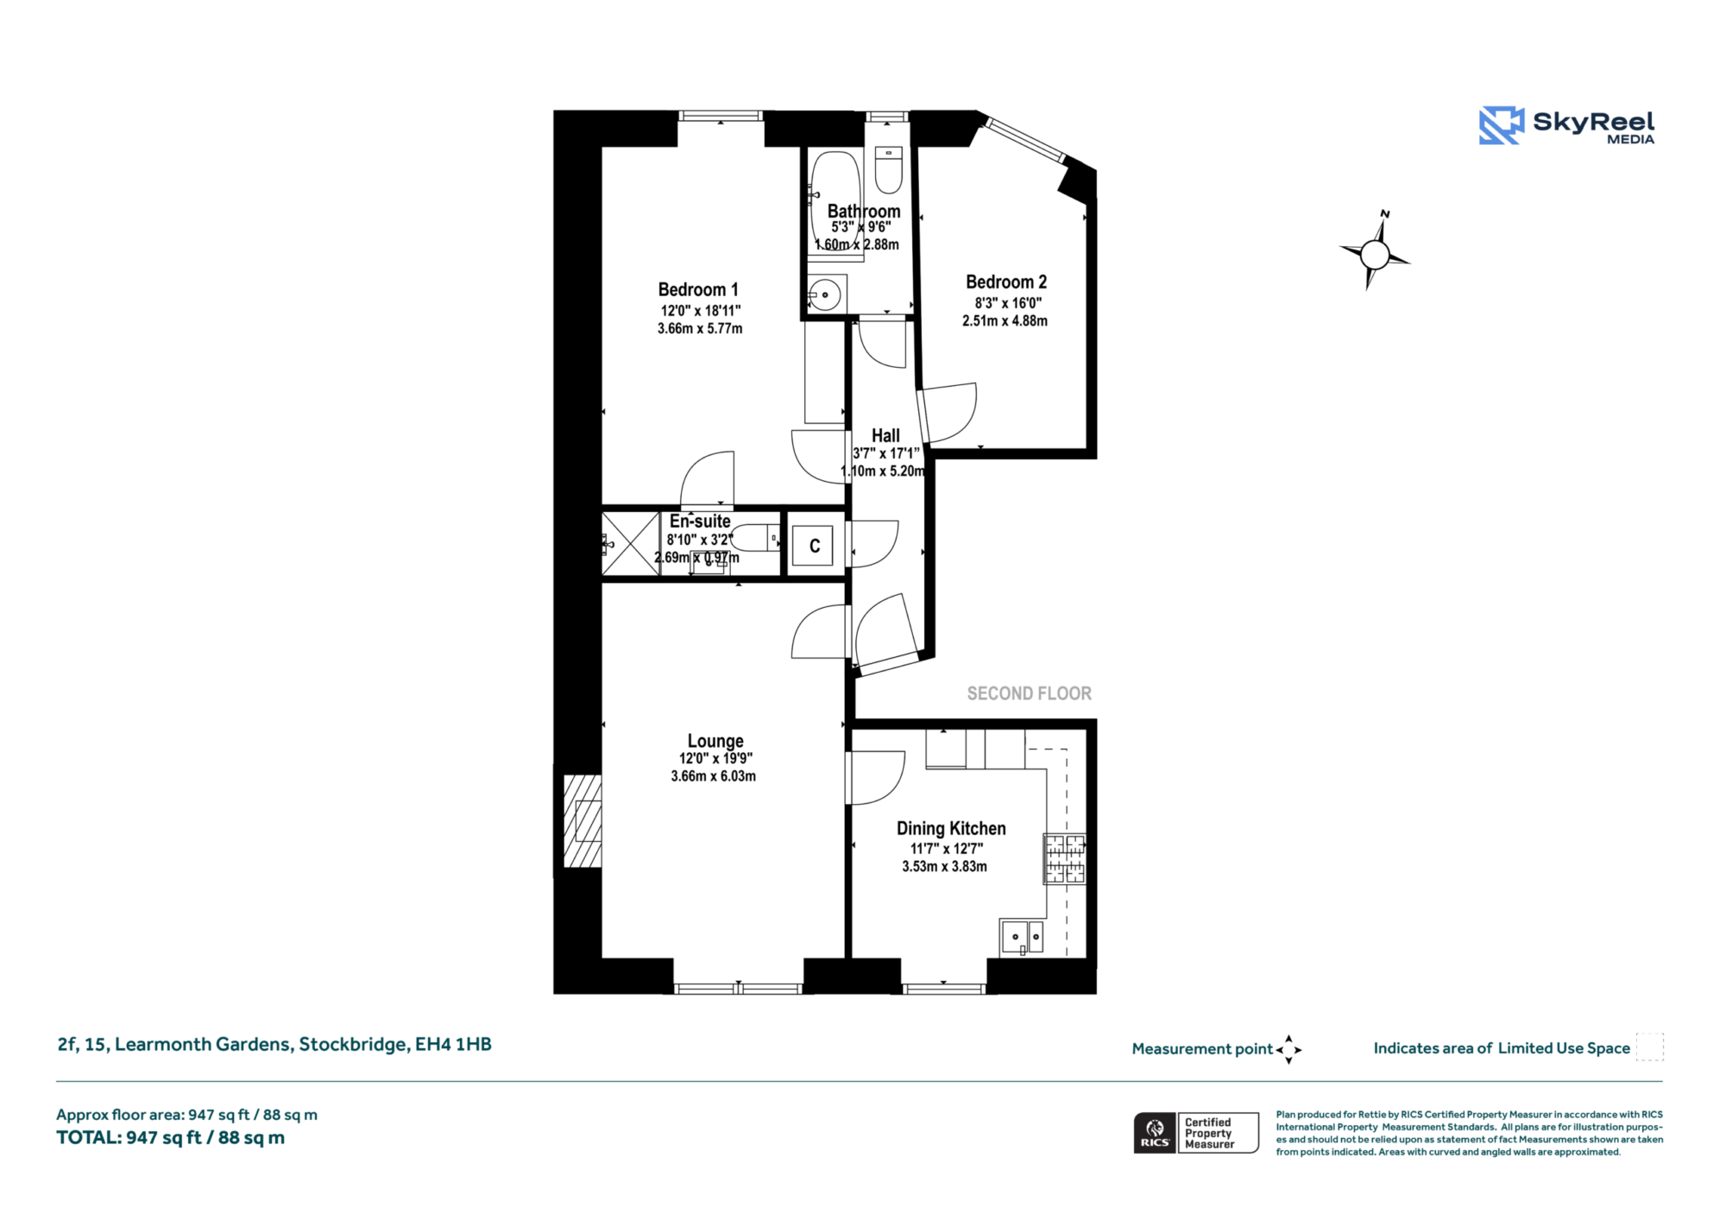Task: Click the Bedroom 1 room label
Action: pos(698,290)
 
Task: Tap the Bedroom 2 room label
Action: pos(1006,282)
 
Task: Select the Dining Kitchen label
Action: pos(951,829)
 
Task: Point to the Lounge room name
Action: pos(715,741)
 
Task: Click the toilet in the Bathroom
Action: pos(888,169)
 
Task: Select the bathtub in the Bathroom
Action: pos(835,203)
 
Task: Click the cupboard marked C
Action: pos(813,546)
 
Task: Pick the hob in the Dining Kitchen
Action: pos(1065,859)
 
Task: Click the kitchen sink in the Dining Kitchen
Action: pos(1023,938)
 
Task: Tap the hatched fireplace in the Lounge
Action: pos(583,820)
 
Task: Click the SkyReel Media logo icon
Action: pos(1502,125)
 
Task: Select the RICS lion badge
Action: pos(1155,1133)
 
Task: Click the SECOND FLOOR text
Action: pos(1029,693)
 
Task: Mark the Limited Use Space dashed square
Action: pos(1649,1047)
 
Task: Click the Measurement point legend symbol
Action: pos(1288,1049)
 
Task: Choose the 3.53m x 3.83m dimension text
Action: pos(945,866)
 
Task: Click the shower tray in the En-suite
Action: pos(631,544)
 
